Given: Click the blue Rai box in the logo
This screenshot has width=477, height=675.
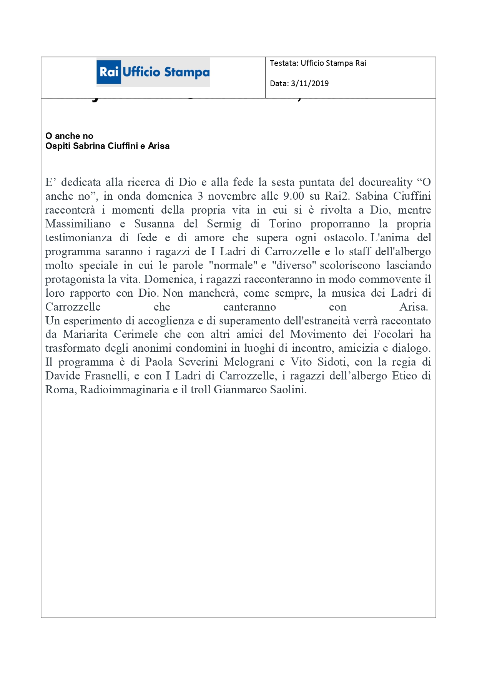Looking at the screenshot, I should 109,72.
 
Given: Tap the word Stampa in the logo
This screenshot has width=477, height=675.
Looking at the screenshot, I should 187,72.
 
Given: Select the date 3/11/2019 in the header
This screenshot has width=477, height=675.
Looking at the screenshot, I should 310,84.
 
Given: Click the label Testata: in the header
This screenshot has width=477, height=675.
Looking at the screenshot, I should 284,63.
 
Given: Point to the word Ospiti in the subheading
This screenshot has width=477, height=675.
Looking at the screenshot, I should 58,146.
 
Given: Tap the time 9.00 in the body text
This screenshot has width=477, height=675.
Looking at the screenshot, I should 293,196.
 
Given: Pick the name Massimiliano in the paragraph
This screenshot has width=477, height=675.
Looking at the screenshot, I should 78,224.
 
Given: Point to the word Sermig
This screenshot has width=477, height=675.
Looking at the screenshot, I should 224,224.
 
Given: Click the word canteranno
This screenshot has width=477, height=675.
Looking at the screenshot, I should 249,307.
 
